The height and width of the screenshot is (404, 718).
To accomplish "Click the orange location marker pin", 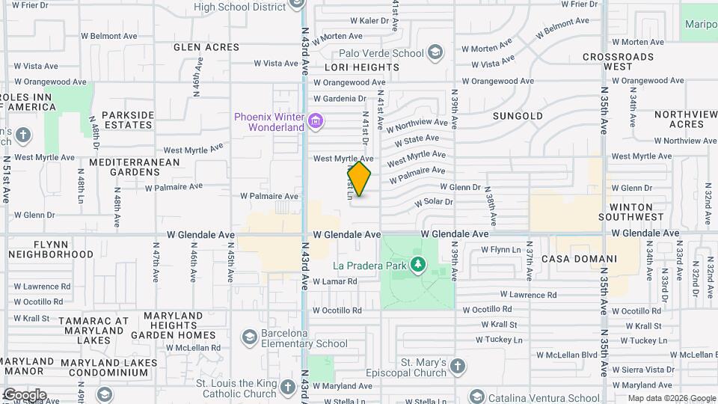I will coord(359,179).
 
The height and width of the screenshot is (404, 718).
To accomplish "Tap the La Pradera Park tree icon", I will coord(418,265).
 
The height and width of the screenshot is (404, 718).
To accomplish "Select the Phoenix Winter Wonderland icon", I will coord(316,120).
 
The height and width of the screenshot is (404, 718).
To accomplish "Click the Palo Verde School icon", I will coord(435,53).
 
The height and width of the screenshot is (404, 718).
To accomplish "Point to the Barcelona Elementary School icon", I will coord(250,338).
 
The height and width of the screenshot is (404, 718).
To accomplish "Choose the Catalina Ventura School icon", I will coord(476,397).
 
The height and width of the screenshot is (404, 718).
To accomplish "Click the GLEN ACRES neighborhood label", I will coord(206,47).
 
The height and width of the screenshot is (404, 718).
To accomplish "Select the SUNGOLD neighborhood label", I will coord(518,116).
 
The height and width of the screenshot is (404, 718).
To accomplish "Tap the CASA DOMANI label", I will coord(589,259).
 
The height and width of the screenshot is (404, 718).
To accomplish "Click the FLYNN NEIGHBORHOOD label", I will coord(52,249).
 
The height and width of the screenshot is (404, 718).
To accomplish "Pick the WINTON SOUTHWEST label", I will coord(636,212).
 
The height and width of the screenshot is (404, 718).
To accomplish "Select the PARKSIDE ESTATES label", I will coord(128,120).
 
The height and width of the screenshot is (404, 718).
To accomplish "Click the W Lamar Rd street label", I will coord(335,281).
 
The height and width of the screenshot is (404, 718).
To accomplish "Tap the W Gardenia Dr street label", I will coord(340,98).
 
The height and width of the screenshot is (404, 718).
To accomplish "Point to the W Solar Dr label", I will coord(435,202).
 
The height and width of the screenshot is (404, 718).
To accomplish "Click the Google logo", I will coord(24,395).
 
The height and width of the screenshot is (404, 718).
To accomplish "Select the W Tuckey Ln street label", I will coord(501,340).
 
